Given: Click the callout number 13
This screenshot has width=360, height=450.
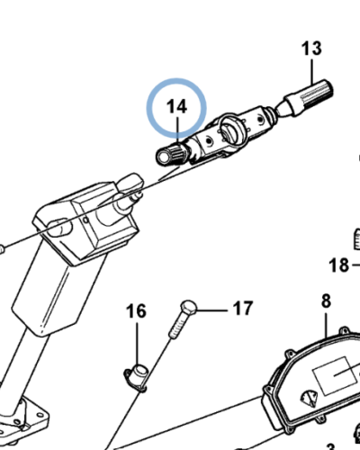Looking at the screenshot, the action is (x=311, y=49).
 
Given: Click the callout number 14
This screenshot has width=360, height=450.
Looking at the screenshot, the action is (x=176, y=106).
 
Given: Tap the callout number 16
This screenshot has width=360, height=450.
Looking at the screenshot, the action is (x=136, y=311).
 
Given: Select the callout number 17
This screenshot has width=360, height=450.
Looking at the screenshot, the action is (x=243, y=308).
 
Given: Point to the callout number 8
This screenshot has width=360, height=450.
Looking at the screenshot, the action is (x=326, y=301).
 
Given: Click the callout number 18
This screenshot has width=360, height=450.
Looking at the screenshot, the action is (x=339, y=265).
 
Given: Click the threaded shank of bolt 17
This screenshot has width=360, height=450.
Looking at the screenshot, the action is (x=177, y=325).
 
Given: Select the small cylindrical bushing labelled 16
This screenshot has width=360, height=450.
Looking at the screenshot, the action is (x=138, y=376).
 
